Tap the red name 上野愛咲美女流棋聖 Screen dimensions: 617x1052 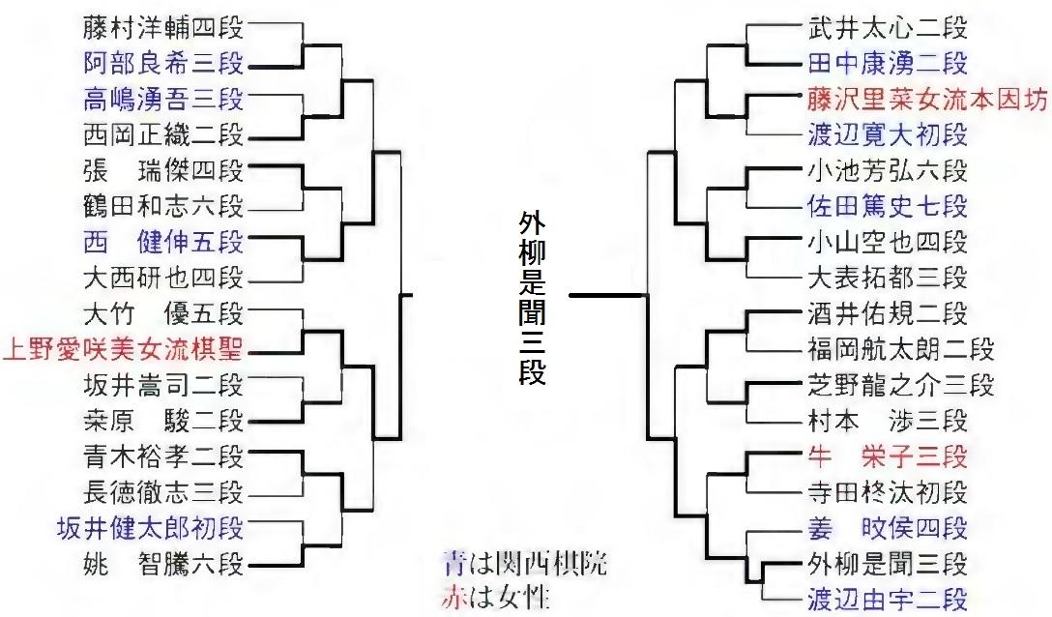123,348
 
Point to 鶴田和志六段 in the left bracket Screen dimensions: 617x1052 163,205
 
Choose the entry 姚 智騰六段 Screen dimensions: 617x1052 163,563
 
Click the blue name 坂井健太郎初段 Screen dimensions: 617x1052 163,527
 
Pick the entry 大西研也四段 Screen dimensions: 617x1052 163,279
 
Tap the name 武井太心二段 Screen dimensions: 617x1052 887,28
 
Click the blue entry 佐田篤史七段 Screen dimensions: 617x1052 887,206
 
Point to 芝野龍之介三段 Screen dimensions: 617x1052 900,384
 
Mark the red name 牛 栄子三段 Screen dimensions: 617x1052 887,455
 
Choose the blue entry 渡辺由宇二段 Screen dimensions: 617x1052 887,599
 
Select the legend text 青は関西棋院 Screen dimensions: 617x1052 525,563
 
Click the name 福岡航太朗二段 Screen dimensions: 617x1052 900,349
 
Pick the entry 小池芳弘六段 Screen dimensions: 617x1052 887,170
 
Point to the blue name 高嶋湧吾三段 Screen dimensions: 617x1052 163,99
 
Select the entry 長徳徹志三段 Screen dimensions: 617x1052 163,491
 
